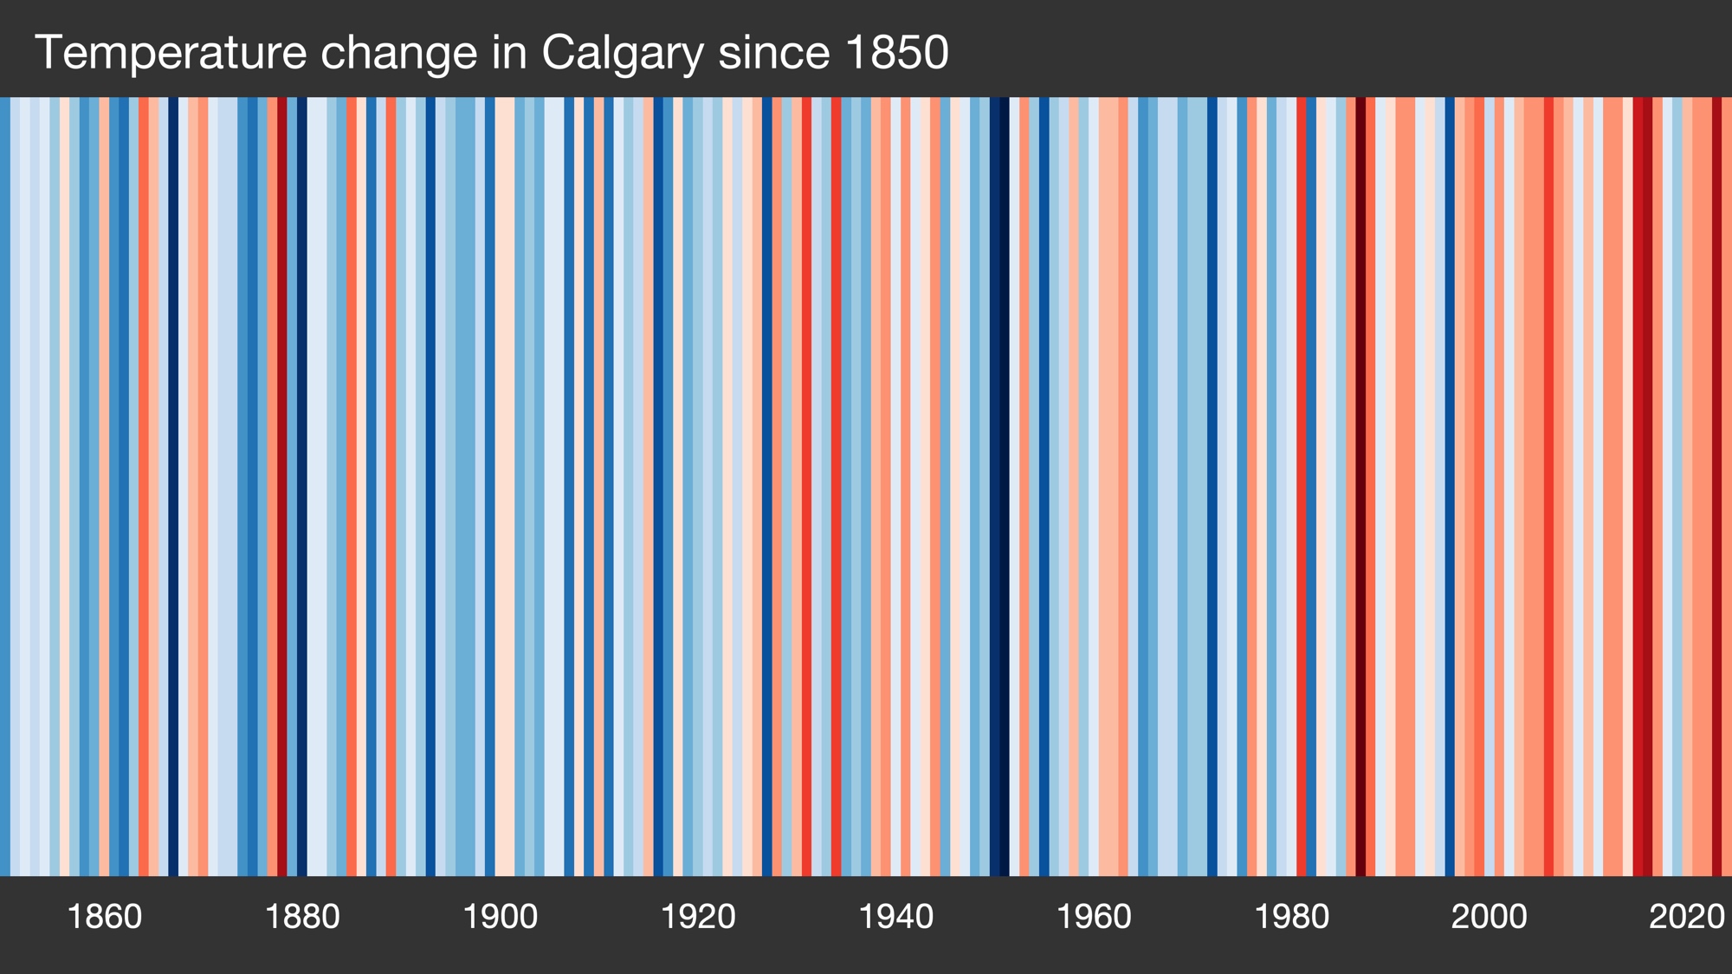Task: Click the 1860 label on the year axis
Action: click(104, 917)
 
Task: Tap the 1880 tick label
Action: click(302, 917)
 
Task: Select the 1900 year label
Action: click(500, 917)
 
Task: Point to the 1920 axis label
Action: click(698, 917)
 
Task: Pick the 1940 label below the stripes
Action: click(895, 917)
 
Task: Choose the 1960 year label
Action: click(1094, 917)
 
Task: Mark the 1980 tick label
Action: click(1291, 917)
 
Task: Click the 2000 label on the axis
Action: click(1489, 917)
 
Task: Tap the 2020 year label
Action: click(1686, 917)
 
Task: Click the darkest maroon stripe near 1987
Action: click(1360, 485)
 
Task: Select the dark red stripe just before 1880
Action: click(282, 485)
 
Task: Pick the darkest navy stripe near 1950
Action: click(999, 485)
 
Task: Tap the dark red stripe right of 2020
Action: click(1716, 485)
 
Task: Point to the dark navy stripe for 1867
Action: click(173, 485)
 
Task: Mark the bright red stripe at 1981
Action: click(1302, 485)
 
